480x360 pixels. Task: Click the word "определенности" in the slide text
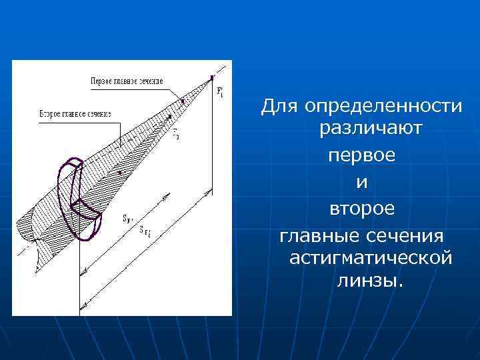coord(382,106)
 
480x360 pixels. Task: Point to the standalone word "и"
coord(361,182)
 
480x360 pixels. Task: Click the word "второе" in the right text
coord(362,209)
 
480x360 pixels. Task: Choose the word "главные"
coord(317,235)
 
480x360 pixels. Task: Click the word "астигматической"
coord(371,257)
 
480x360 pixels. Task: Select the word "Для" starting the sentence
coord(279,106)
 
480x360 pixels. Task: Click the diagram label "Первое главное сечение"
coord(127,81)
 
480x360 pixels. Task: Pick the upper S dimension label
coord(127,217)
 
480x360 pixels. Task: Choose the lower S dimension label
coord(145,231)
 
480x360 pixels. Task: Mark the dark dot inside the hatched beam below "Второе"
coord(119,173)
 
